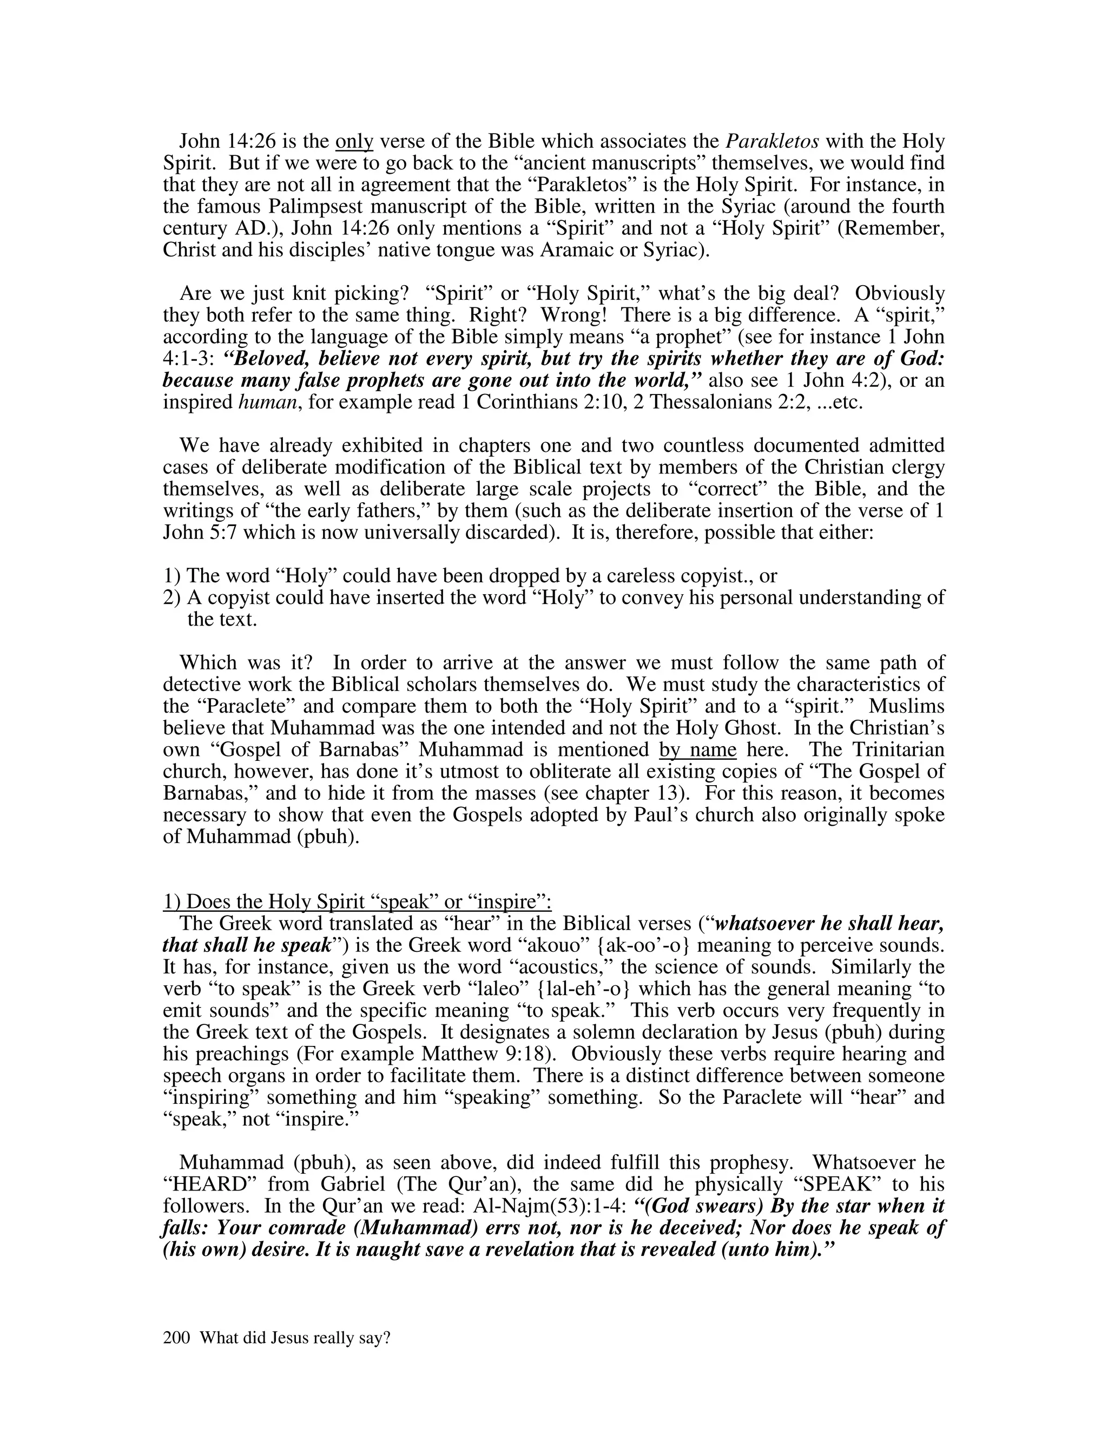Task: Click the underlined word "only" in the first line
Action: tap(354, 142)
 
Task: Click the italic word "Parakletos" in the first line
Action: tap(772, 142)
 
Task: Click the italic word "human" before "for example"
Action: tap(265, 403)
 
